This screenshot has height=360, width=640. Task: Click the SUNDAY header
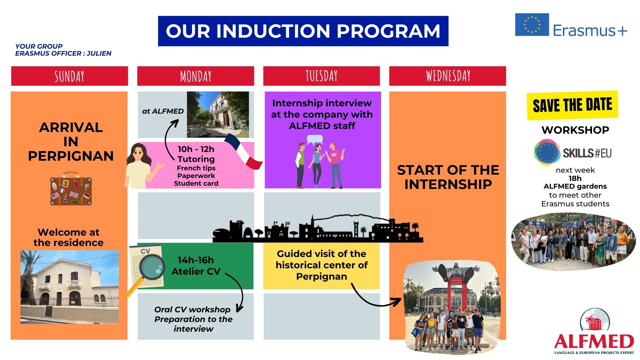69,76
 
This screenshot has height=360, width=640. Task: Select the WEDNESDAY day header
448,76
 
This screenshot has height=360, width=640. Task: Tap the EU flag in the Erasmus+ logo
532,25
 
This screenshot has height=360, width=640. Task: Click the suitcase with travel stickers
71,188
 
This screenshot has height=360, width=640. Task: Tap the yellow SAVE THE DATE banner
572,105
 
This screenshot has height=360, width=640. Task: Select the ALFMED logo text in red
594,341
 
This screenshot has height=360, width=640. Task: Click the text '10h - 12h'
196,149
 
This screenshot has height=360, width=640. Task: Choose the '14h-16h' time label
196,260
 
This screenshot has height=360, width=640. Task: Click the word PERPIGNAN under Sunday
71,156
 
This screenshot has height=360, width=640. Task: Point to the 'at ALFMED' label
163,111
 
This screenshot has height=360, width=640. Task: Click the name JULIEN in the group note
99,53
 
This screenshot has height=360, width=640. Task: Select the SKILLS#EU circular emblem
547,153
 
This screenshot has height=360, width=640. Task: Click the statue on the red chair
456,275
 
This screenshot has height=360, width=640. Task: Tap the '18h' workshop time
575,178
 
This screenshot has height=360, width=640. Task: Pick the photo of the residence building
69,287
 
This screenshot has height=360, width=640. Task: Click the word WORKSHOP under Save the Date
575,130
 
